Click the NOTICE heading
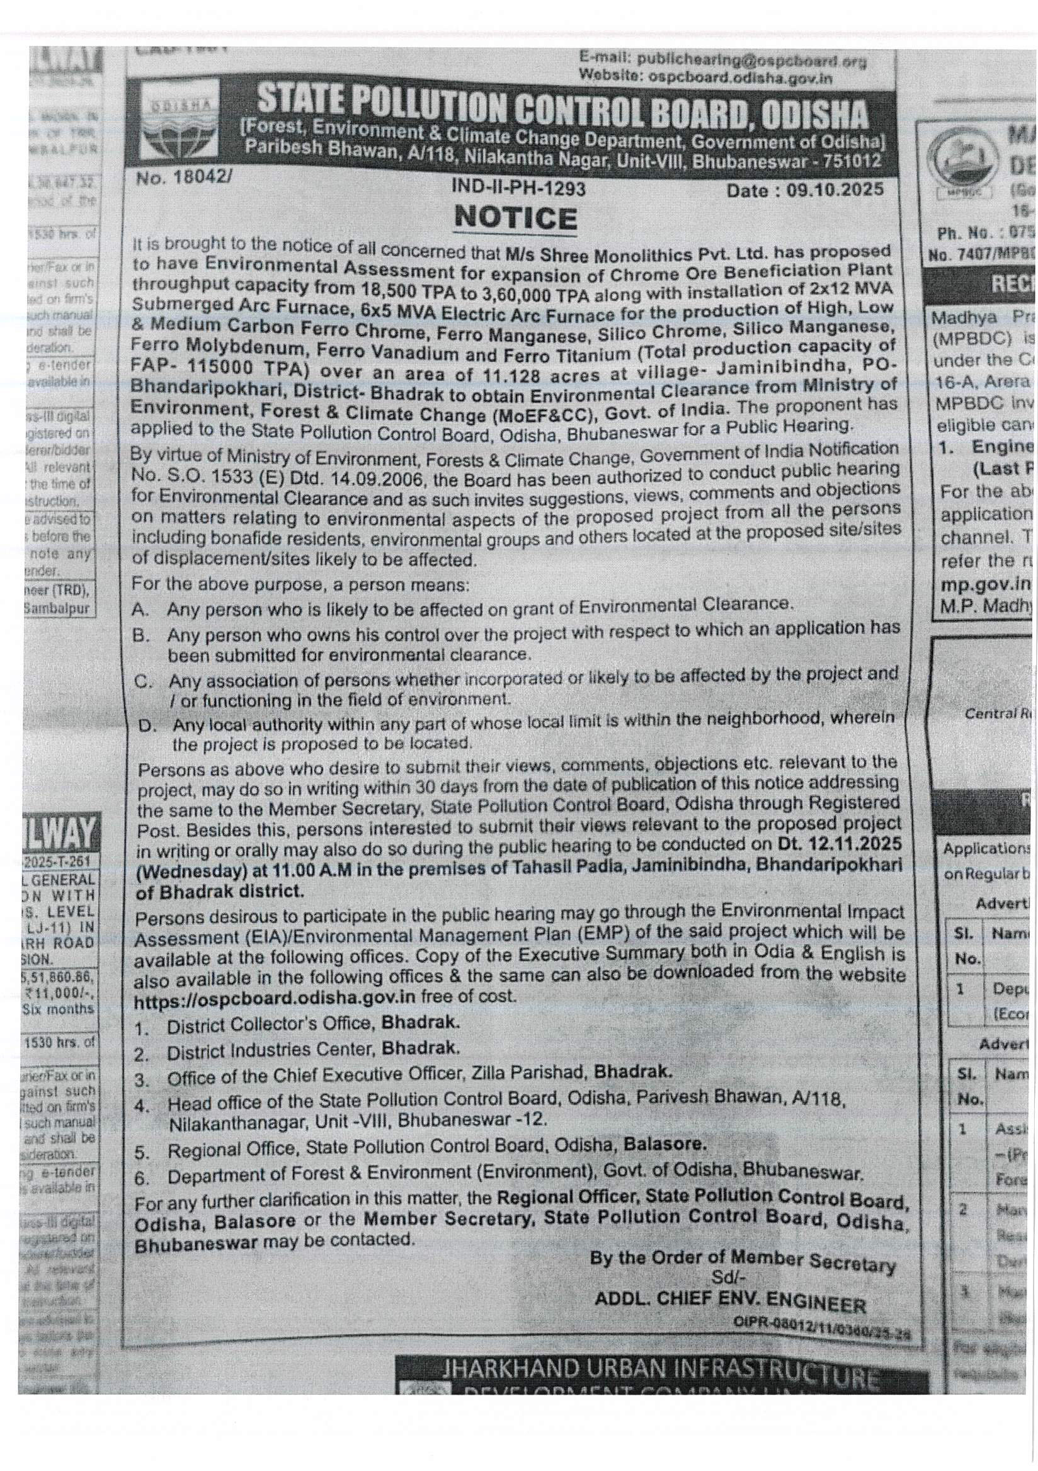tap(516, 219)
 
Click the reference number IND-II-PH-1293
tap(518, 188)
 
